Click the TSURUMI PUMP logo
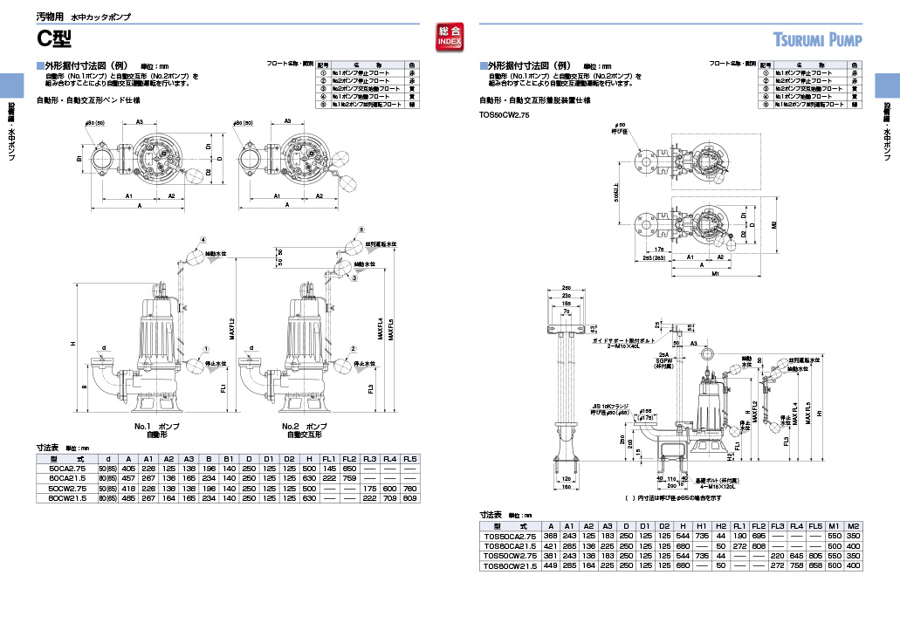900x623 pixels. (818, 40)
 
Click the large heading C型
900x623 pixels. (53, 38)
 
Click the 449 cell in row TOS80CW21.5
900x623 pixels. (552, 565)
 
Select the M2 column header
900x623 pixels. (853, 526)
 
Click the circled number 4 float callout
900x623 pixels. (203, 239)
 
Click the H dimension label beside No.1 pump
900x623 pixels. (74, 344)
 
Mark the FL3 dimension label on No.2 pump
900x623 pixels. (370, 387)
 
